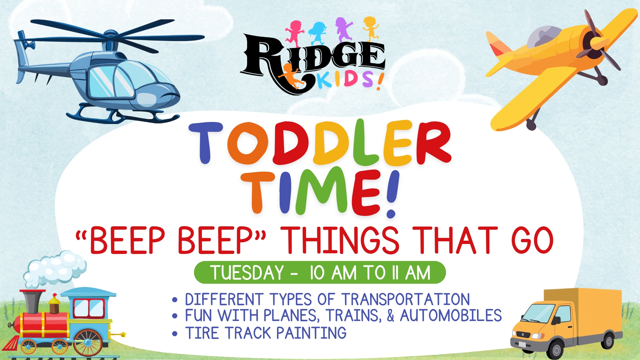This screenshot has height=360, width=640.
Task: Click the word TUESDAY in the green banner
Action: tap(247, 273)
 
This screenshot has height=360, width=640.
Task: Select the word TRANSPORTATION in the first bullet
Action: tap(406, 299)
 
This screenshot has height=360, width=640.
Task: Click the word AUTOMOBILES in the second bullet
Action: tap(451, 315)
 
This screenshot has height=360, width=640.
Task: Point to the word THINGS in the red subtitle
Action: tap(340, 240)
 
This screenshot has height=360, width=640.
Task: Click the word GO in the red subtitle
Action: tap(532, 240)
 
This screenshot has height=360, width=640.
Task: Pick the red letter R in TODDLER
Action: tap(433, 142)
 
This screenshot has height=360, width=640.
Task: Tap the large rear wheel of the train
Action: tap(88, 342)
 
